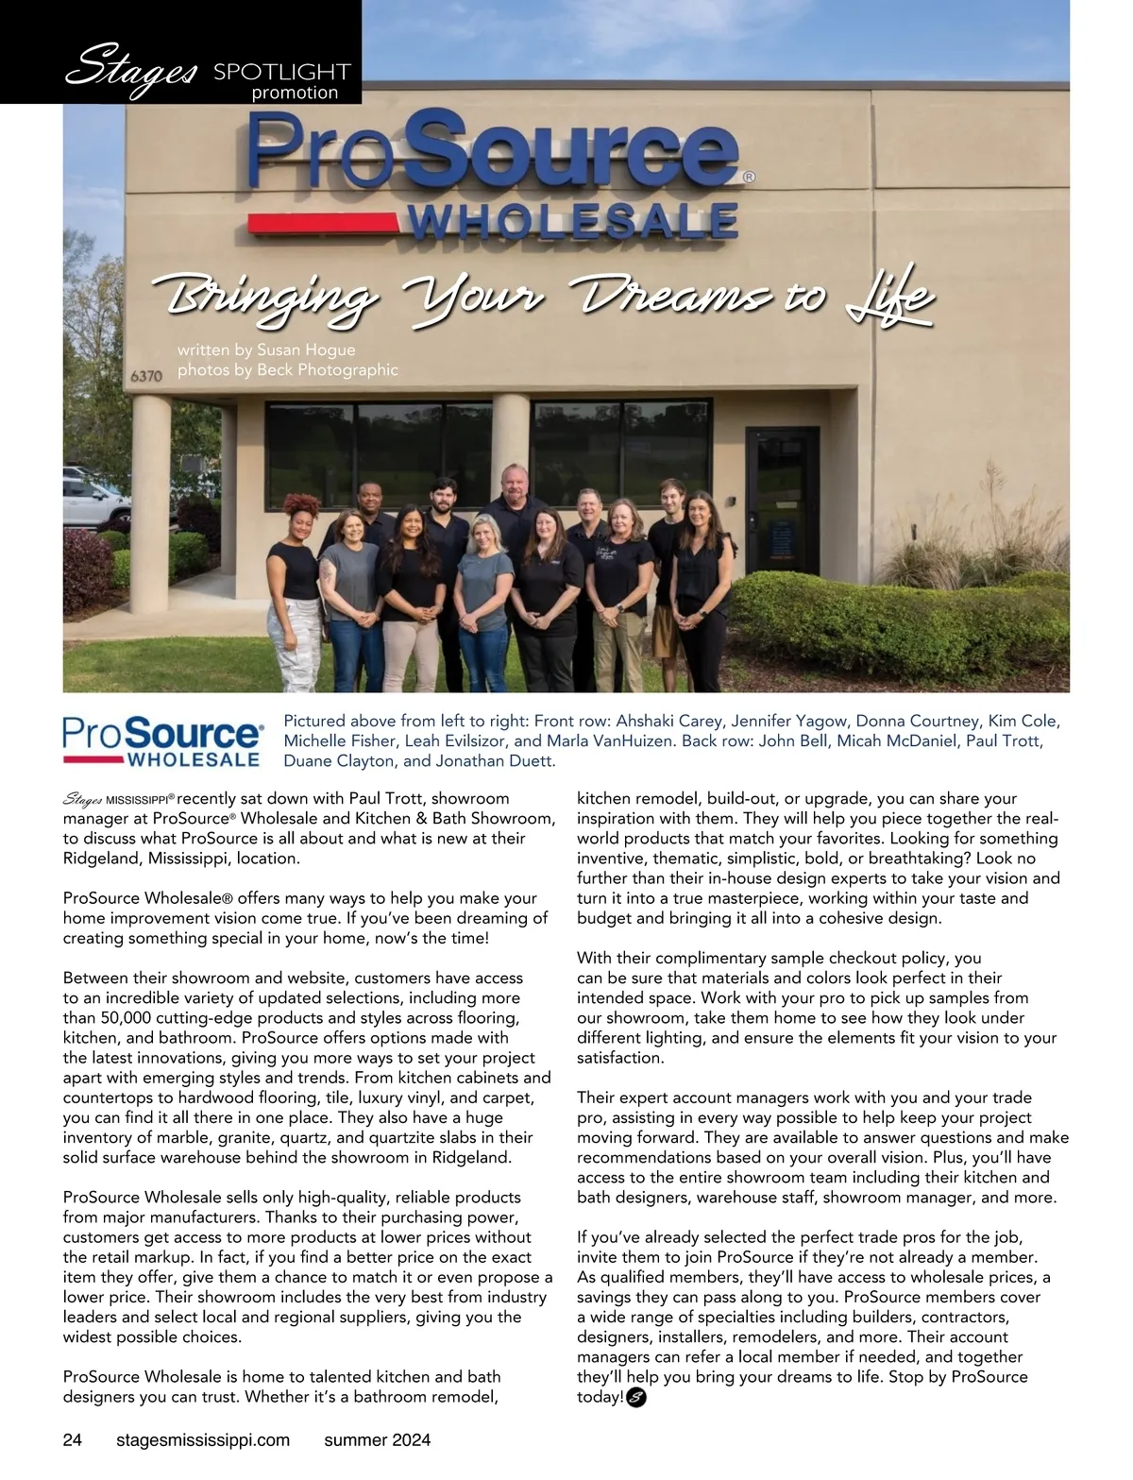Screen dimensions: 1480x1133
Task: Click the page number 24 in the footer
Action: (x=73, y=1439)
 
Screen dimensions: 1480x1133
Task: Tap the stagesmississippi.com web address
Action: (x=202, y=1439)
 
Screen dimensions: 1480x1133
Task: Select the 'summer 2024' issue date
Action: (x=377, y=1439)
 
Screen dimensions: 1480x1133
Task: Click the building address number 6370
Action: (x=146, y=376)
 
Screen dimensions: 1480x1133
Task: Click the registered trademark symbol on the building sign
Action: (x=749, y=176)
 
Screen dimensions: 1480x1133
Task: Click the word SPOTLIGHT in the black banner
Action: (x=281, y=72)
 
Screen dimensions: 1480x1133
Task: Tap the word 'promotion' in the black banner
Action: (x=295, y=93)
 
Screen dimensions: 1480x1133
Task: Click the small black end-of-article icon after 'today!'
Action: (x=635, y=1398)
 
